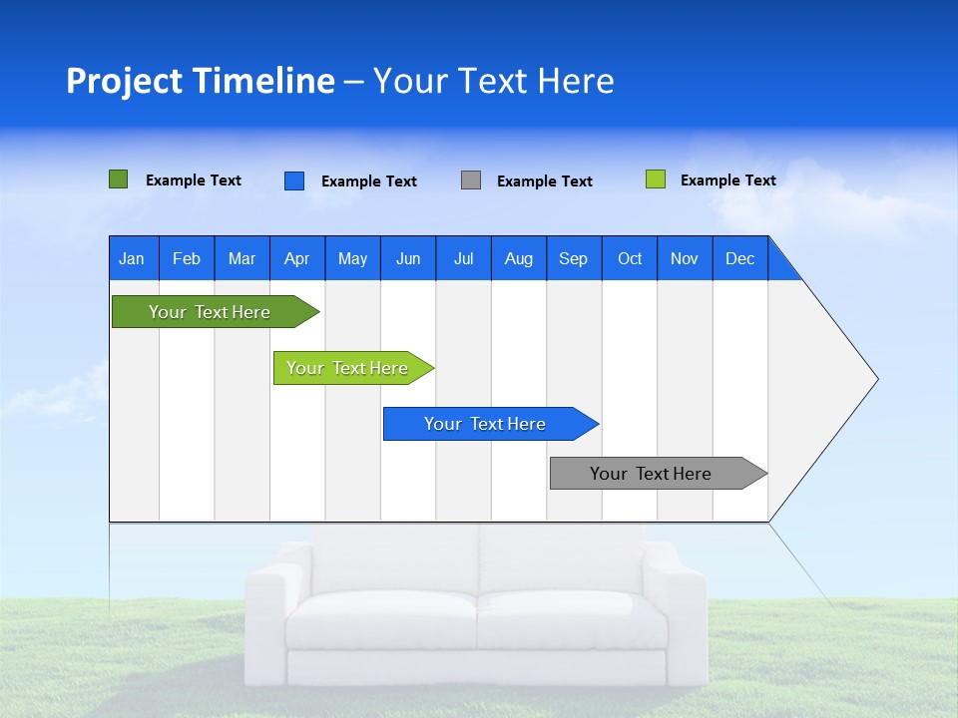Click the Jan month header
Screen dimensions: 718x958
click(132, 258)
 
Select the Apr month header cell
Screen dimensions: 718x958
click(296, 258)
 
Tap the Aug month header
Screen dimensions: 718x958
click(518, 258)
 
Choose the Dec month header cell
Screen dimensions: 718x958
click(739, 258)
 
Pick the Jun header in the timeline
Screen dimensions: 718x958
click(407, 258)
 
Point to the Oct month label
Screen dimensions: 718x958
click(629, 258)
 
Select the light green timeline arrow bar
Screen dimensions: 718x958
click(349, 368)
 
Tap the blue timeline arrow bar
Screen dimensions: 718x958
click(486, 424)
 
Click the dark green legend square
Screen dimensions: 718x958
click(118, 179)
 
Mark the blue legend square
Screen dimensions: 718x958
click(293, 180)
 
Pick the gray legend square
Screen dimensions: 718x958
click(470, 180)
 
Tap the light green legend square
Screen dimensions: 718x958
click(655, 179)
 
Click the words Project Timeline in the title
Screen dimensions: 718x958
click(200, 81)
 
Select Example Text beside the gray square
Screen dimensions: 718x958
click(544, 181)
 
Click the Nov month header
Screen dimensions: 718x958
click(684, 258)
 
